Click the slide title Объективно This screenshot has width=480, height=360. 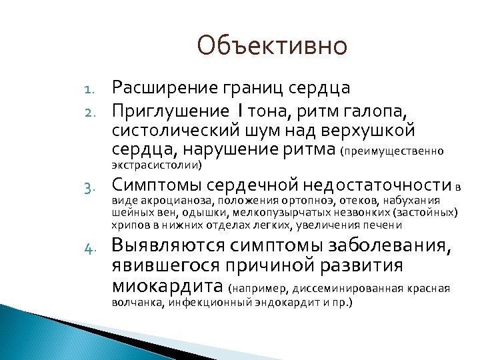273,46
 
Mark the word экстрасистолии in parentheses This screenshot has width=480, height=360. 157,164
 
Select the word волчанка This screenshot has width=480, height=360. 136,302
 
